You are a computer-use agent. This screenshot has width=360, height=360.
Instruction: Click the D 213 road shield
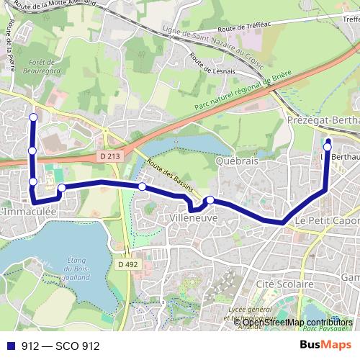click(x=109, y=156)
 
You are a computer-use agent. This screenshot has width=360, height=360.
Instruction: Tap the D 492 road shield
click(x=127, y=264)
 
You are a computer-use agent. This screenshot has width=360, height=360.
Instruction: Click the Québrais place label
click(x=236, y=162)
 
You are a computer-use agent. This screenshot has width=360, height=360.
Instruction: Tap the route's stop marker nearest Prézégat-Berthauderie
click(x=327, y=146)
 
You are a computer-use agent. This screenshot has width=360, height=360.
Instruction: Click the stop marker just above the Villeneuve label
click(x=210, y=200)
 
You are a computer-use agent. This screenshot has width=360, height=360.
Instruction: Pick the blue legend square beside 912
click(x=9, y=346)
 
